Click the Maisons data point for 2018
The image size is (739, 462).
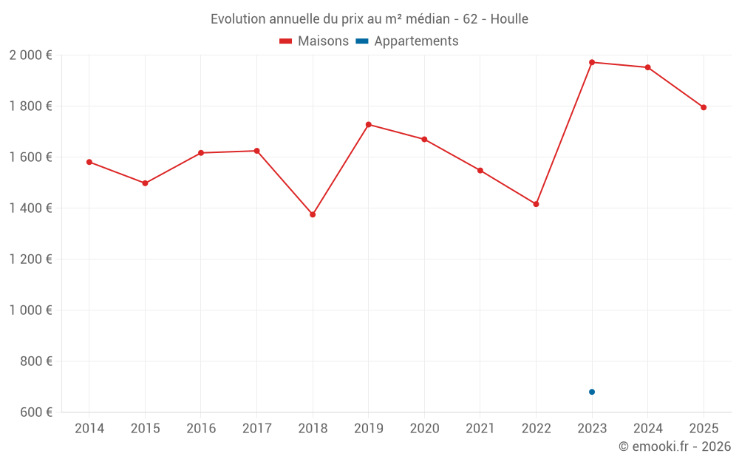pyautogui.click(x=313, y=214)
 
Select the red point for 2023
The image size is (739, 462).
pyautogui.click(x=592, y=62)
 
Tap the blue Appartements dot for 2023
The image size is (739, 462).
pyautogui.click(x=592, y=392)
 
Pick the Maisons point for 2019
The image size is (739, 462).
pyautogui.click(x=369, y=124)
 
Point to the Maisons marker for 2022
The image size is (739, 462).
pyautogui.click(x=537, y=204)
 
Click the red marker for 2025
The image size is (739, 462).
pyautogui.click(x=704, y=107)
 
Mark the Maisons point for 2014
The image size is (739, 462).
pyautogui.click(x=89, y=162)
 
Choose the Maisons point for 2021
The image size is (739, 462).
pyautogui.click(x=480, y=171)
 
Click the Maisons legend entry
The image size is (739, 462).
pyautogui.click(x=314, y=41)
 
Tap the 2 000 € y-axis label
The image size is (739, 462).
pyautogui.click(x=30, y=55)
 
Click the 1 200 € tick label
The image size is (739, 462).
pyautogui.click(x=30, y=259)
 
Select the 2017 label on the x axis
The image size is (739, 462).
pyautogui.click(x=256, y=429)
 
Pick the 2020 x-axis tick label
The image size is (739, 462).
pyautogui.click(x=424, y=429)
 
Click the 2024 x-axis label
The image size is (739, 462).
pyautogui.click(x=648, y=429)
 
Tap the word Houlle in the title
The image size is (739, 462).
pyautogui.click(x=509, y=19)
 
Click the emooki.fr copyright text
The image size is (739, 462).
pyautogui.click(x=675, y=446)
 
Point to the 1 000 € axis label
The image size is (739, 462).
pyautogui.click(x=30, y=310)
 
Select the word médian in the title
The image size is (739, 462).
pyautogui.click(x=427, y=19)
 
